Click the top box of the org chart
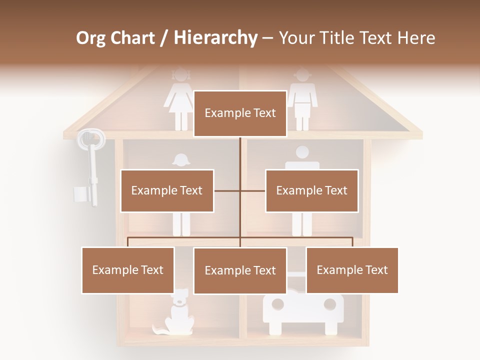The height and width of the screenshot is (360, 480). [240, 113]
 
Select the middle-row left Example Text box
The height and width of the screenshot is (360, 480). [167, 190]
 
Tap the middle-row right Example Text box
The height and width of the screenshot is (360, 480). [311, 190]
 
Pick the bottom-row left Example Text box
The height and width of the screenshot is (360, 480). [128, 270]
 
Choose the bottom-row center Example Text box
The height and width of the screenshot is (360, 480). [240, 270]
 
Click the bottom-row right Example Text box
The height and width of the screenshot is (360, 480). [352, 270]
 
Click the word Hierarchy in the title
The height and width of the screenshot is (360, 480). [215, 38]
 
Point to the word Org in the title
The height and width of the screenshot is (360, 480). [91, 38]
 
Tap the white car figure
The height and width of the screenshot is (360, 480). [303, 312]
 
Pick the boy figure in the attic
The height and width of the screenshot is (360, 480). [302, 97]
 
